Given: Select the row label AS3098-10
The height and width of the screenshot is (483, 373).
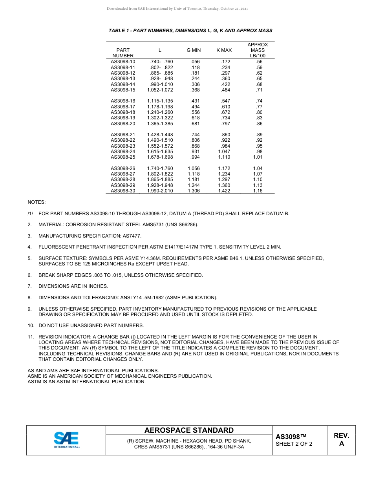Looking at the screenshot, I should click(123, 62).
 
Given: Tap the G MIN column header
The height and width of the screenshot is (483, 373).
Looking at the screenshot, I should click(194, 50).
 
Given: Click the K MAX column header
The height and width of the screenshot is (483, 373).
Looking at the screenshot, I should click(224, 50).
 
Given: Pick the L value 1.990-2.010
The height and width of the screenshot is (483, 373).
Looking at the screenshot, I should click(160, 191).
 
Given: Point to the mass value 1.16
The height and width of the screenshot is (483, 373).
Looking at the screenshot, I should click(258, 191).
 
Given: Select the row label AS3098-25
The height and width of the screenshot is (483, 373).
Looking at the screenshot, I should click(123, 157).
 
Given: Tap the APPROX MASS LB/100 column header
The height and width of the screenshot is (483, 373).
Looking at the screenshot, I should click(258, 50).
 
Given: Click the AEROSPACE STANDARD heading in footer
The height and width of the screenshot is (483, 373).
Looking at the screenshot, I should click(189, 430).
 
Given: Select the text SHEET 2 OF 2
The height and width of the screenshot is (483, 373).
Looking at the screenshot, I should click(294, 444).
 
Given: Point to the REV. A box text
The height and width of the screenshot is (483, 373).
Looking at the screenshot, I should click(341, 440).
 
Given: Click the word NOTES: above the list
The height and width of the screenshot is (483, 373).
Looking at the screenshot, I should click(37, 202).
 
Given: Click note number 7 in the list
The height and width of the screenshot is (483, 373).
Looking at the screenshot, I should click(29, 286).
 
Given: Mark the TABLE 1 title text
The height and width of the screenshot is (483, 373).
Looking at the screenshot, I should click(190, 31).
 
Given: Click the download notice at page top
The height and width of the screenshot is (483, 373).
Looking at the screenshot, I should click(177, 9).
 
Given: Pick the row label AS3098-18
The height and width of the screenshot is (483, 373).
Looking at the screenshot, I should click(123, 112).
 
